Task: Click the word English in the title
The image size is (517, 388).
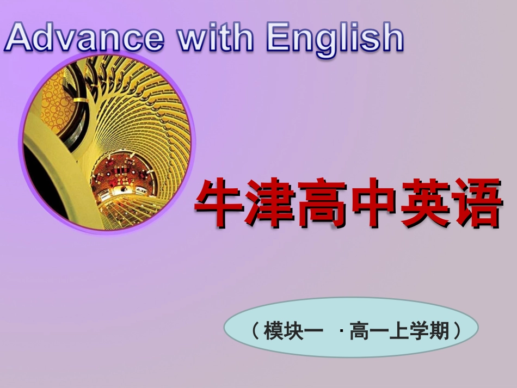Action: [x=335, y=38]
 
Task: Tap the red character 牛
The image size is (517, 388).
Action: [x=219, y=202]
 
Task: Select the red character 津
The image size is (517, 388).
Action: [x=270, y=202]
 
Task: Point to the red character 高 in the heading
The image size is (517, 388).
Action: [x=321, y=202]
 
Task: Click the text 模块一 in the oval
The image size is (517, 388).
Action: [x=293, y=330]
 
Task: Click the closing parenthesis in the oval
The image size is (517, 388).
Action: [x=456, y=330]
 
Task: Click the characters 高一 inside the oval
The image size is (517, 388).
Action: [x=370, y=330]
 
